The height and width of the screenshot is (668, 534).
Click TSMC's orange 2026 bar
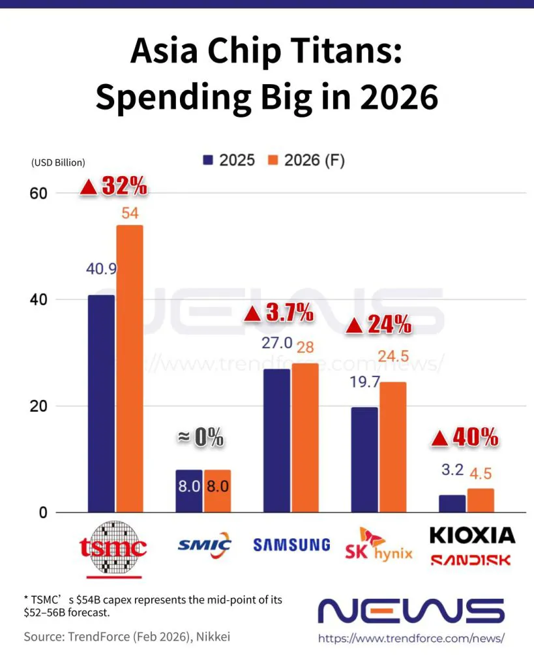(x=130, y=369)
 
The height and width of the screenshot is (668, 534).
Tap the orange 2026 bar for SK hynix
(x=393, y=447)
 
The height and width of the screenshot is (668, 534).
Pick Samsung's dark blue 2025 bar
(x=276, y=440)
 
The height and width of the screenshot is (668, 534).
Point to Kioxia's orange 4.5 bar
(x=481, y=500)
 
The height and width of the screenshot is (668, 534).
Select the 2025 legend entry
(x=230, y=160)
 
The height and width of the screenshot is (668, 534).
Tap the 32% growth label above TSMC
(x=114, y=187)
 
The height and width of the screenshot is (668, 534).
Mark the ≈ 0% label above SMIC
(x=201, y=438)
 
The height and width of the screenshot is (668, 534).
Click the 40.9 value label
(x=101, y=268)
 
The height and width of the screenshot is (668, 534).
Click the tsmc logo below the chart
(x=113, y=548)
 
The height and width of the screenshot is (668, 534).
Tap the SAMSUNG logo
(x=291, y=544)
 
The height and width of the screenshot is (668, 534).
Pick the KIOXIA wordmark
(x=472, y=536)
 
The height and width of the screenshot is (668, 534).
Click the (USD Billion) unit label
(x=58, y=162)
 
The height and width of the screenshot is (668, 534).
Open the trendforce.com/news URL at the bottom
(x=411, y=639)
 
